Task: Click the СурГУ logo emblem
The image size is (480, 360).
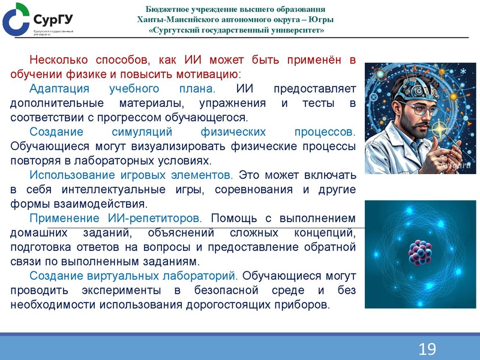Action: coord(16,19)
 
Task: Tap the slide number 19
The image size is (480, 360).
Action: coord(427,349)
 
